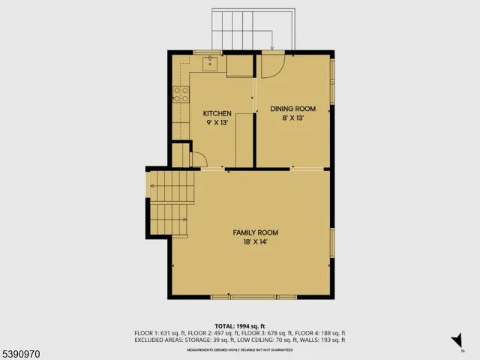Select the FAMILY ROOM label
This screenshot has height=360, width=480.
(x=250, y=232)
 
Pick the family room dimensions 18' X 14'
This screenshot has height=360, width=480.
(x=250, y=241)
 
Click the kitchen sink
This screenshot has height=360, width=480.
(x=210, y=64)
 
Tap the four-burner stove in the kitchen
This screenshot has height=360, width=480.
(x=181, y=94)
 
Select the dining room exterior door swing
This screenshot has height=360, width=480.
(x=271, y=66)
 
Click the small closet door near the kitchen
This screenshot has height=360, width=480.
(x=198, y=160)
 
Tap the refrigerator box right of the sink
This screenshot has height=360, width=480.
(x=240, y=66)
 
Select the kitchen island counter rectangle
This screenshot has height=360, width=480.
(x=244, y=139)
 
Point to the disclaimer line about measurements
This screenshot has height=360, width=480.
(x=239, y=349)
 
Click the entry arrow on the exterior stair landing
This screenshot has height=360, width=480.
(x=271, y=49)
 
